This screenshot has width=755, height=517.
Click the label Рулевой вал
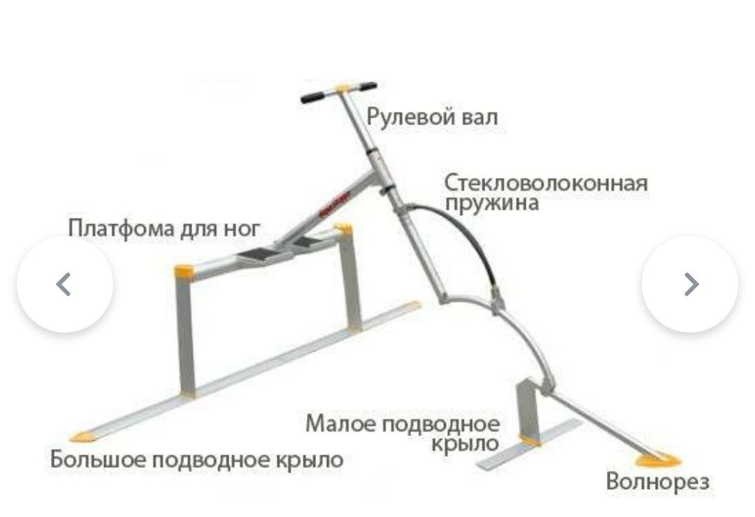pos(432,117)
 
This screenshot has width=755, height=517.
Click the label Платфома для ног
pos(164,228)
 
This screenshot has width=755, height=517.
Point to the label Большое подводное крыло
pos(197,460)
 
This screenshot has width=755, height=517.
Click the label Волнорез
pos(657,481)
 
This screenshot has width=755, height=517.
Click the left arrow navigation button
pos(64,284)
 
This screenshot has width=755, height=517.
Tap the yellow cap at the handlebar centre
pos(343,88)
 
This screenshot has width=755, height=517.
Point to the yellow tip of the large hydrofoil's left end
pos(85,435)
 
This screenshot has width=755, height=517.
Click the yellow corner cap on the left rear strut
pos(183,270)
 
